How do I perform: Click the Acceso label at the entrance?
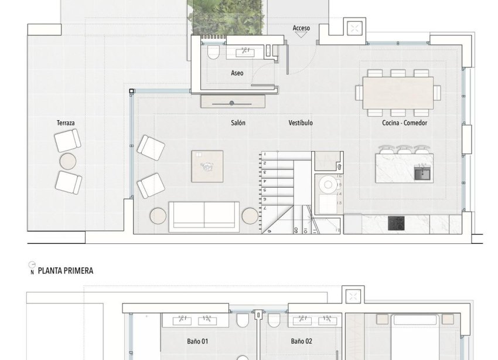301,28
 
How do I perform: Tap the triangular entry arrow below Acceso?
301,35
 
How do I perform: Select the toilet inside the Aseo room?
213,53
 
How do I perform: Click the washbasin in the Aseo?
244,53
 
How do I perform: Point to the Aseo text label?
237,73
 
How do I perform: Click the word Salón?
238,123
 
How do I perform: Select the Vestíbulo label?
301,123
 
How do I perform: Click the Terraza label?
66,123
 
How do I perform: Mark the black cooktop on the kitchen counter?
396,223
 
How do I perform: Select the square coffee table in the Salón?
207,167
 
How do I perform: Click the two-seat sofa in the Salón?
204,216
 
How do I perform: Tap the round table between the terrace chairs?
68,161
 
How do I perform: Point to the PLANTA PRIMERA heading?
65,271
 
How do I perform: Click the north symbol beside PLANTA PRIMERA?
32,269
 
